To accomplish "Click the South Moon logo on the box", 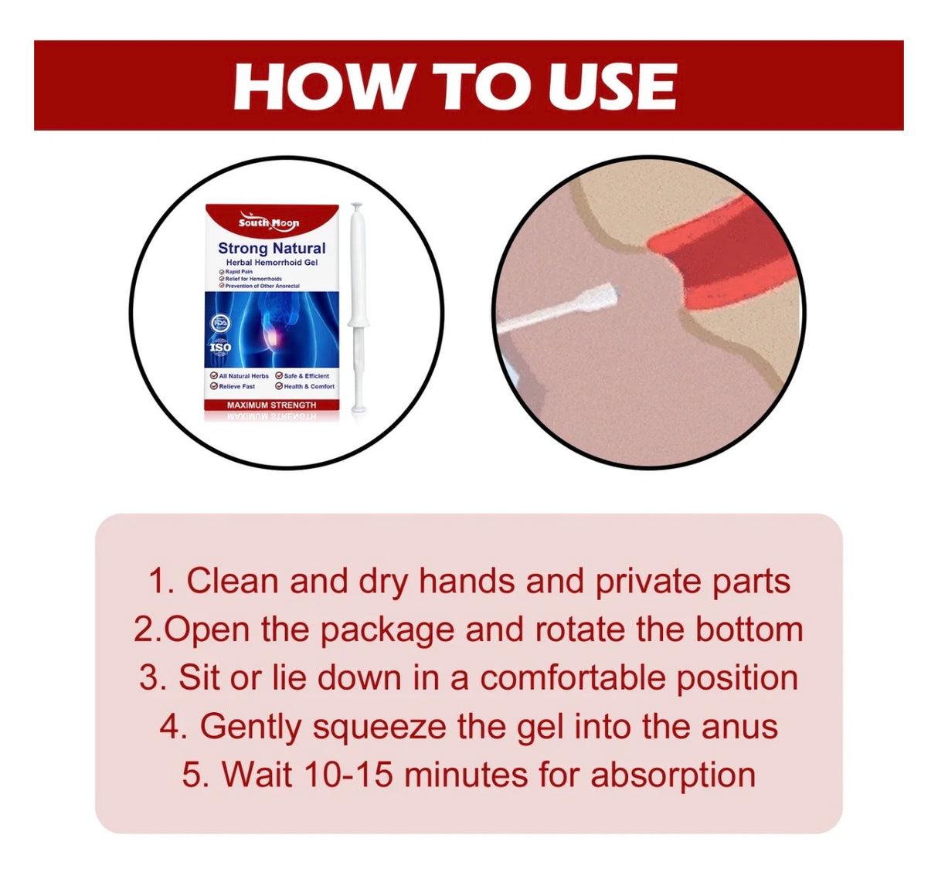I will [x=269, y=222].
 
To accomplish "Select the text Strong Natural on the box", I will [x=271, y=248].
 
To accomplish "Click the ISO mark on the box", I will [x=220, y=347].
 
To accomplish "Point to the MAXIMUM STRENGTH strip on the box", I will [x=271, y=405].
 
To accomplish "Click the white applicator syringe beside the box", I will [x=356, y=309].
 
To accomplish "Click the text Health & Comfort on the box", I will [x=308, y=386].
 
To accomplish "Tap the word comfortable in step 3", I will [x=573, y=678].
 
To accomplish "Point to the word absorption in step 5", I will [x=673, y=775].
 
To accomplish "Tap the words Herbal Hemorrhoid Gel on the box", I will [x=271, y=263].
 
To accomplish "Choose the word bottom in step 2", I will [x=749, y=629].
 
